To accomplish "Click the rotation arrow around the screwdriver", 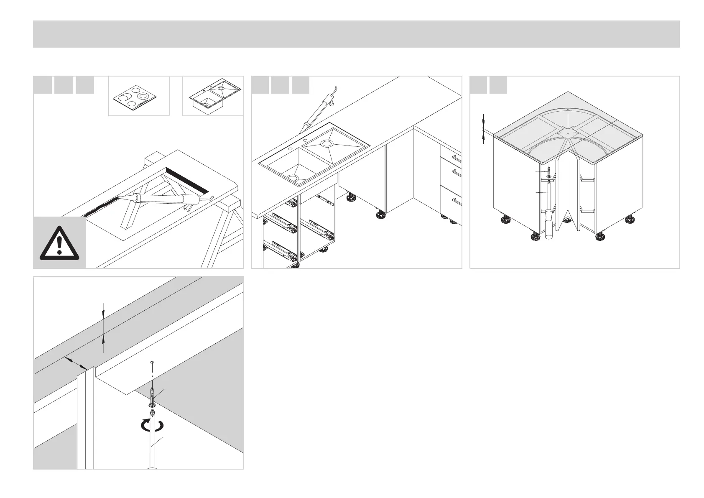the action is click(x=152, y=426).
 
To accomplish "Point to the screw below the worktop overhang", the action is click(x=153, y=397).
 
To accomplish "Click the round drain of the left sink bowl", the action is click(x=293, y=178).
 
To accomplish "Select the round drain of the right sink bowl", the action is click(x=326, y=144).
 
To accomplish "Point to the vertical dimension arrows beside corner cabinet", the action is click(x=484, y=128).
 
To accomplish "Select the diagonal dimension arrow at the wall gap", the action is click(x=76, y=363).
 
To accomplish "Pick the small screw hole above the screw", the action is click(x=152, y=363).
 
